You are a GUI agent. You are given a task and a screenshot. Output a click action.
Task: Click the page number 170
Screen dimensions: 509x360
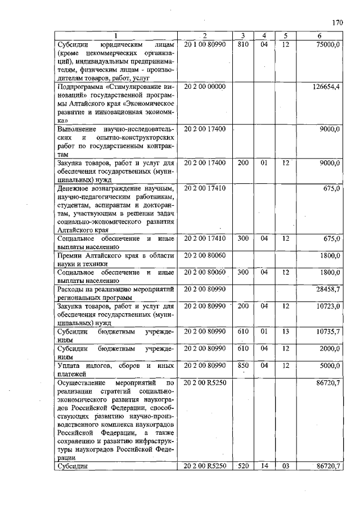click(x=337, y=22)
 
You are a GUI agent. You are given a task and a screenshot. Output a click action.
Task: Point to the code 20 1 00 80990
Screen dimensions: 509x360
click(x=205, y=44)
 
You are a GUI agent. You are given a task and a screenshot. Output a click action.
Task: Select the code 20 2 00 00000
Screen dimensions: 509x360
click(x=205, y=87)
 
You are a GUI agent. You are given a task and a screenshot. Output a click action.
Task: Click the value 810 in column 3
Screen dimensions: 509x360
click(x=243, y=44)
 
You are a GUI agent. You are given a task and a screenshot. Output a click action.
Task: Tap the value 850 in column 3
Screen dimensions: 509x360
click(x=243, y=366)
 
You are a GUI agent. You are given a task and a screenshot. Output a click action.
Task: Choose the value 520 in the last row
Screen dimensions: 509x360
click(x=243, y=466)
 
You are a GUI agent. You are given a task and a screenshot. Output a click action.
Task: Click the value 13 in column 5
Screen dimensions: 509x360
click(x=286, y=332)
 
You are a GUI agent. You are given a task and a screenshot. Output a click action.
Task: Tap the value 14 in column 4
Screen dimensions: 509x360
click(x=264, y=466)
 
